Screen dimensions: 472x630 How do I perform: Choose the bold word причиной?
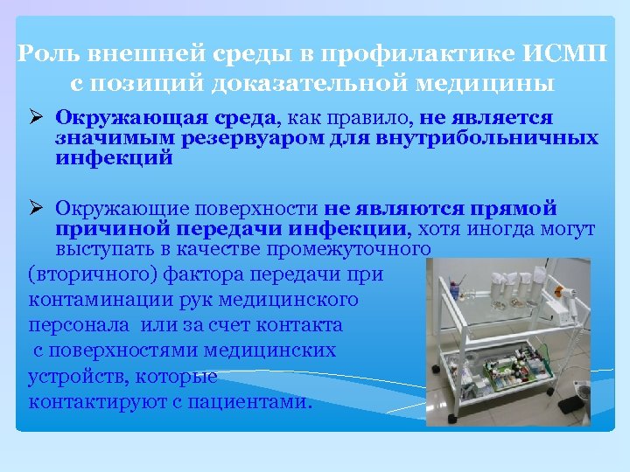(101, 229)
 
